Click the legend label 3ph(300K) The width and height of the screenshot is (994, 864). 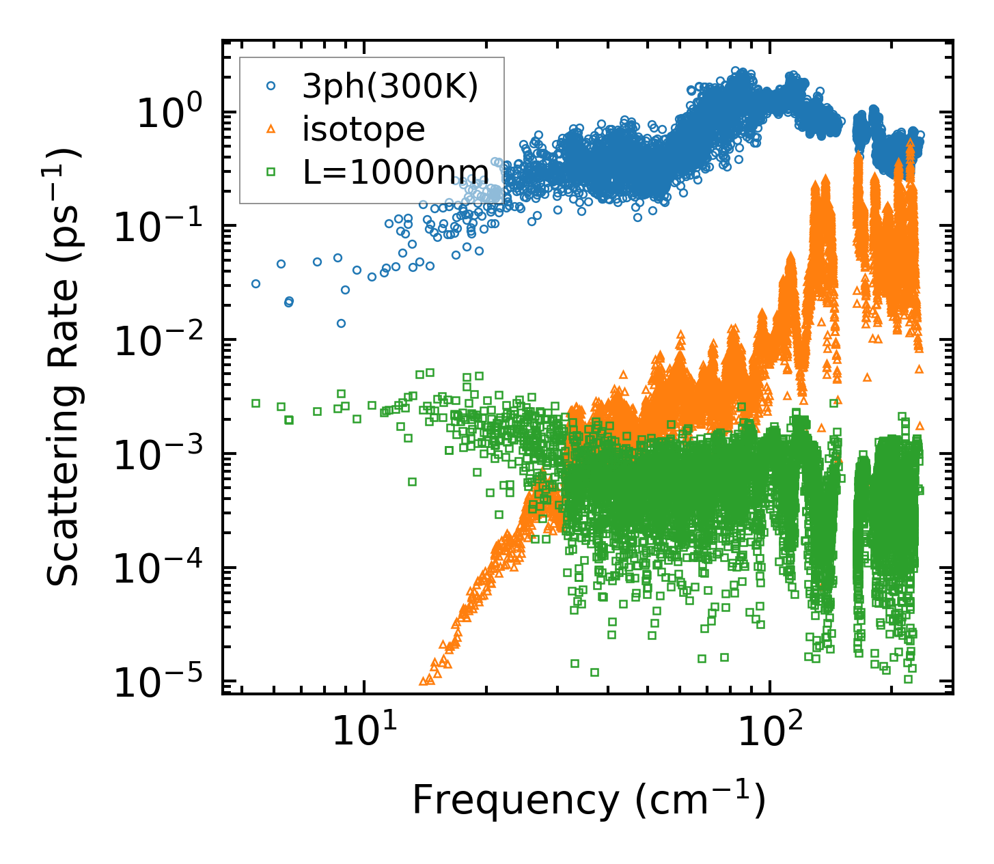[390, 87]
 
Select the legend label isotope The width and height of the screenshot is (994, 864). [363, 129]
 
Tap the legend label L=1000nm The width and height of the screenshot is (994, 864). [396, 172]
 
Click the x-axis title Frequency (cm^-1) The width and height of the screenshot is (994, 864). [588, 800]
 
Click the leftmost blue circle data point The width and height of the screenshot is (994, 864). [256, 283]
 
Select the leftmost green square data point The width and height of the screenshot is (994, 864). [256, 403]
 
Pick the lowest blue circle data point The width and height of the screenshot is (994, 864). [341, 323]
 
